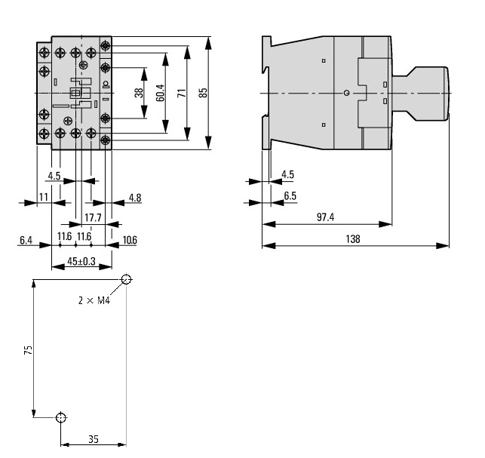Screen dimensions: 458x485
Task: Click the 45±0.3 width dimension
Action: coord(81,261)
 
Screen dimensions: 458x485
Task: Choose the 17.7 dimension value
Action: coord(93,218)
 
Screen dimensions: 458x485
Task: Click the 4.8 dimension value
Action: coord(134,198)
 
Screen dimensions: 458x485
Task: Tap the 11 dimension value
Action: coord(43,198)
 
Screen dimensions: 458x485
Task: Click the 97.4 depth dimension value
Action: coord(325,217)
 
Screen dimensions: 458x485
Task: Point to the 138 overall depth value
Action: coord(352,239)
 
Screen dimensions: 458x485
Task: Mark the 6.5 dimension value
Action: coord(289,196)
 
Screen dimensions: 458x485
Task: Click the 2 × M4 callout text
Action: coord(94,300)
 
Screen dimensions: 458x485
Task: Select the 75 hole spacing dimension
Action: coord(28,351)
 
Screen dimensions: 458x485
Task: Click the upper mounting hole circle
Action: coord(125,279)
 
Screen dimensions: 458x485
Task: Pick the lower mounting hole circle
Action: coord(61,417)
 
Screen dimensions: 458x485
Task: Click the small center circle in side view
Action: coord(345,92)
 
